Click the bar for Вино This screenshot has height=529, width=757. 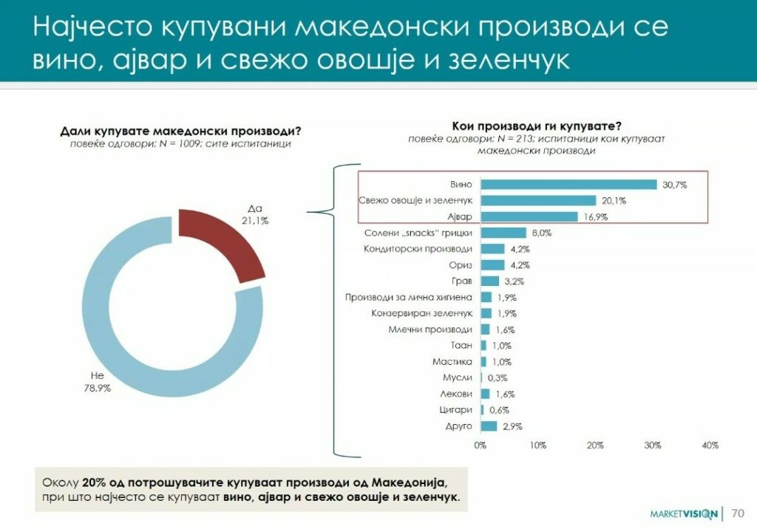coord(568,185)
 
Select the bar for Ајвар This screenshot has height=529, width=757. coord(529,216)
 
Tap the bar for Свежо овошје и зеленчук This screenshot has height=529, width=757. coord(538,200)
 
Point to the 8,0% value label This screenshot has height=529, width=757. coord(542,233)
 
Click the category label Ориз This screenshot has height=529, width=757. coord(459,264)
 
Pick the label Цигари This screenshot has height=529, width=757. coord(455,410)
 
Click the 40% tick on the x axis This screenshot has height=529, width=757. coord(710,445)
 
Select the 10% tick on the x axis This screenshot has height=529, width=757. coord(537,445)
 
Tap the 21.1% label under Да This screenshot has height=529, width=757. coord(254,219)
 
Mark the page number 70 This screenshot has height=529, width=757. coord(737,513)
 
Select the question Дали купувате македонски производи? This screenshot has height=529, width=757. coord(181,132)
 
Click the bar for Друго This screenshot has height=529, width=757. coord(489,426)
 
